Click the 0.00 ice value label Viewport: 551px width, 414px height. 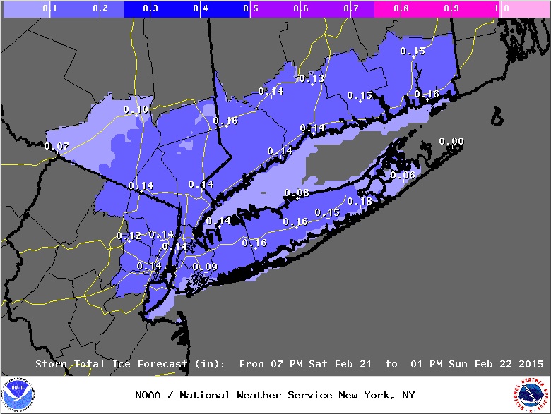pyautogui.click(x=451, y=142)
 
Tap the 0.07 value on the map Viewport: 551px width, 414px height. pyautogui.click(x=57, y=146)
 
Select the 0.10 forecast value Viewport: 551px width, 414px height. pyautogui.click(x=136, y=109)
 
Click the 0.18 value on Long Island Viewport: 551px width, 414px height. pyautogui.click(x=359, y=201)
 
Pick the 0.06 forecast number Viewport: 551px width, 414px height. pyautogui.click(x=403, y=175)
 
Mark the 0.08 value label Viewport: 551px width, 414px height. pyautogui.click(x=297, y=193)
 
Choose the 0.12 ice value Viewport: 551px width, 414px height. pyautogui.click(x=129, y=236)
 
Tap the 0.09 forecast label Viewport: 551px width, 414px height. pyautogui.click(x=205, y=267)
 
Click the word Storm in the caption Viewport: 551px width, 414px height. pyautogui.click(x=53, y=364)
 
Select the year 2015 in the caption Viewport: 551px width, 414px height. pyautogui.click(x=531, y=364)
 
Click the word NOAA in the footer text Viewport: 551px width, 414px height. pyautogui.click(x=150, y=395)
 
